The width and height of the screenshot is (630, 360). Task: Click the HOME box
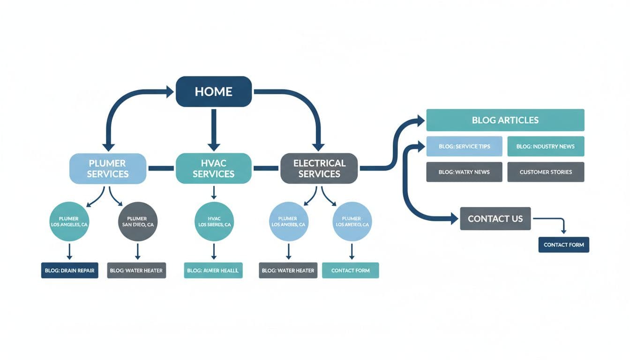[x=213, y=91]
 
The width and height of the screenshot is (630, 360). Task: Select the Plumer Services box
[x=107, y=169]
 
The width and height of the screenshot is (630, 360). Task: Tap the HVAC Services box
[x=213, y=169]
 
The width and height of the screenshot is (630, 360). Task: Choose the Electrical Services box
[x=319, y=169]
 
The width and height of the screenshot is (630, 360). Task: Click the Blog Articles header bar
[x=505, y=120]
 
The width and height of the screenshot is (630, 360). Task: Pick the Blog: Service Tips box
[x=464, y=146]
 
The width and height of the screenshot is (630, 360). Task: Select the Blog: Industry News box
[x=546, y=146]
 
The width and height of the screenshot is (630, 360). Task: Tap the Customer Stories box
[x=546, y=172]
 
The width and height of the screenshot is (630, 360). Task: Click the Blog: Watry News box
[x=464, y=172]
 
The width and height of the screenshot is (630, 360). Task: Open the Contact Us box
[x=495, y=218]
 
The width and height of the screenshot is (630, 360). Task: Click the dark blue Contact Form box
[x=563, y=245]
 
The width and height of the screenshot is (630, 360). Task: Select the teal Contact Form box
[x=350, y=270]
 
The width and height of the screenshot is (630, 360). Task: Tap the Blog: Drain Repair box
[x=69, y=270]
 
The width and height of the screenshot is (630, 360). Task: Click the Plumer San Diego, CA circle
[x=138, y=222]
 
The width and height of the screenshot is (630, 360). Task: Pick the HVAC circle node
[x=214, y=222]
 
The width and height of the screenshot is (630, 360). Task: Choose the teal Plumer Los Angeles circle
[x=69, y=222]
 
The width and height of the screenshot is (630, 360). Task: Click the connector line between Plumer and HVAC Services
[x=161, y=168]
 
